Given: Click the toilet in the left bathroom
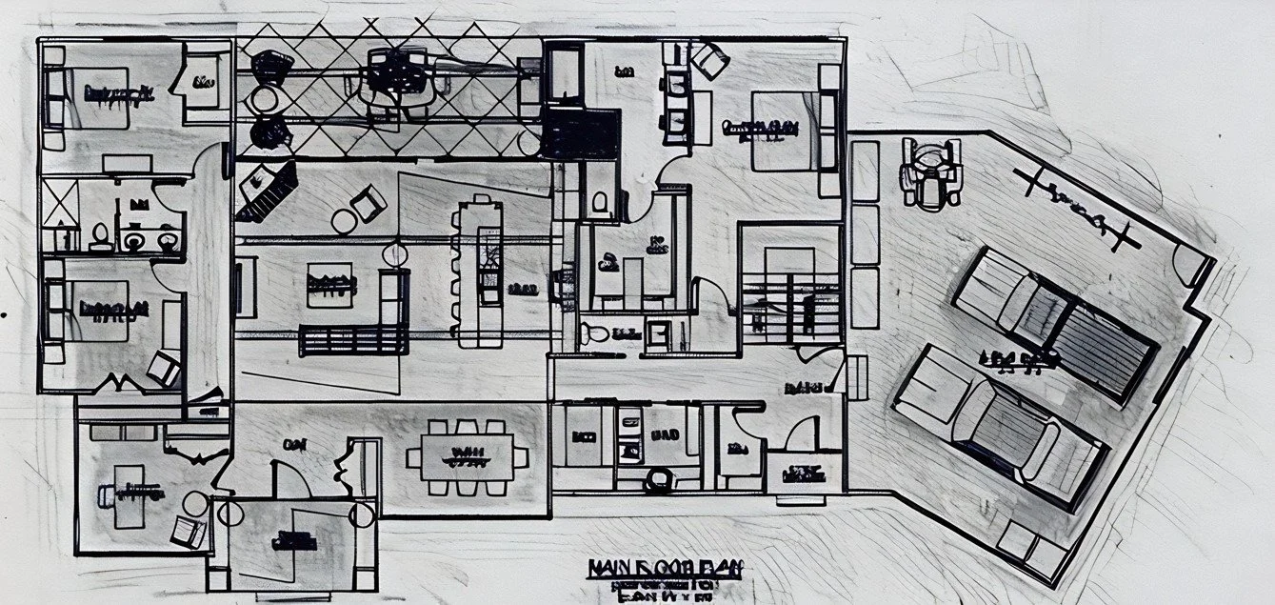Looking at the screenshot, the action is pos(100,235).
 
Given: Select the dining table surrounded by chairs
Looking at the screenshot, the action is pos(467,456).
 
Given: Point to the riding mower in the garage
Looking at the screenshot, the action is pos(930,172).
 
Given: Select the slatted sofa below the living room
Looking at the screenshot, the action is pos(352,339).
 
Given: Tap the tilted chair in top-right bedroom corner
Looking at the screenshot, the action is pos(710,59).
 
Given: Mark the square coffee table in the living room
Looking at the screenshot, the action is pos(330,284).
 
